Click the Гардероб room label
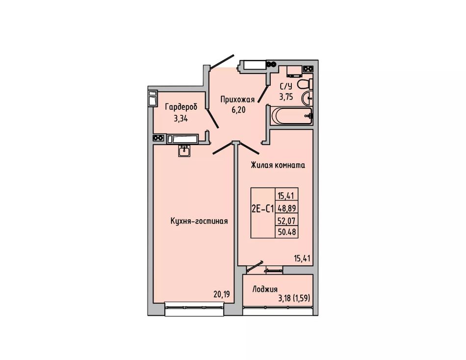pos(181,107)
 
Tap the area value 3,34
pos(181,119)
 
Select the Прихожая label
pos(237,100)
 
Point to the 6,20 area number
pos(239,110)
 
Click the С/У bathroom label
pos(286,86)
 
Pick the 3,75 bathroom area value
pos(286,97)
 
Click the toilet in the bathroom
pos(305,84)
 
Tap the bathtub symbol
pos(292,116)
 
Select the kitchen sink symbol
pos(184,151)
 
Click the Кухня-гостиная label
pos(199,221)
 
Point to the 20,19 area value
pos(222,294)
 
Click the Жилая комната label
pos(278,165)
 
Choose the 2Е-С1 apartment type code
pos(262,209)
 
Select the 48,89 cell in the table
pos(287,208)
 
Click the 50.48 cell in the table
pos(287,232)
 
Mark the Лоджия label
pos(265,289)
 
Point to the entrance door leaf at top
pos(222,62)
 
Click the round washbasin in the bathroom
pos(307,98)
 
